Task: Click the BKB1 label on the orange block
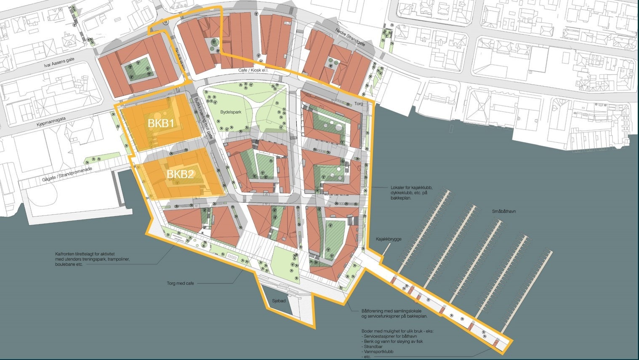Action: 161,123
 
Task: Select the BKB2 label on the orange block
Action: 180,174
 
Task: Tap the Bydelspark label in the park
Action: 229,112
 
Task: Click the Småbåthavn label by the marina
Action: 504,212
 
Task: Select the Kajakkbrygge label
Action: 389,239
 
